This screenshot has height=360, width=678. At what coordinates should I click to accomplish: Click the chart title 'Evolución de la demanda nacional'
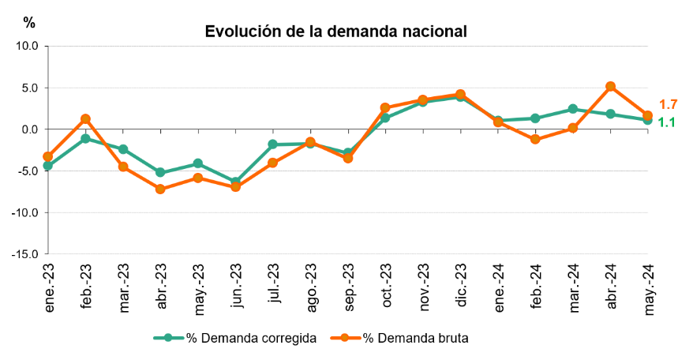click(335, 32)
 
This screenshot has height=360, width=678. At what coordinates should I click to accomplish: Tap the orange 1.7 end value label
click(668, 104)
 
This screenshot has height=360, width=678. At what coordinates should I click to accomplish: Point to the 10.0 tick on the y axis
click(28, 46)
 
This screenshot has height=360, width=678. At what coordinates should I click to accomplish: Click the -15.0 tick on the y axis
click(27, 254)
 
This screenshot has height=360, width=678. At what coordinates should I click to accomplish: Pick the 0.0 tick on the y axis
click(31, 129)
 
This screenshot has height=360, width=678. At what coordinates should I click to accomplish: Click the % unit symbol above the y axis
click(29, 23)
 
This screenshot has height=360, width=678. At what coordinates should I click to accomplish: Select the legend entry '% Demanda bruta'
click(415, 338)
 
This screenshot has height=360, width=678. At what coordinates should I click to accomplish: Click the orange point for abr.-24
click(610, 86)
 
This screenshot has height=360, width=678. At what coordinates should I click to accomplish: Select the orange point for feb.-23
click(85, 118)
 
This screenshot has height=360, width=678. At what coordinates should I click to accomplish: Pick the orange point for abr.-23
click(160, 189)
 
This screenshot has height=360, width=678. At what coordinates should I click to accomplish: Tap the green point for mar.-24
click(572, 109)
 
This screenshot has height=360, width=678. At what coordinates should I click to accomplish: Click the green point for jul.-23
click(272, 144)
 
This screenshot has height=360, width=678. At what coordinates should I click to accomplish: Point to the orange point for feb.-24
click(535, 139)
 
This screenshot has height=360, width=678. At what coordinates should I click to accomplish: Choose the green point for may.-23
click(197, 163)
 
